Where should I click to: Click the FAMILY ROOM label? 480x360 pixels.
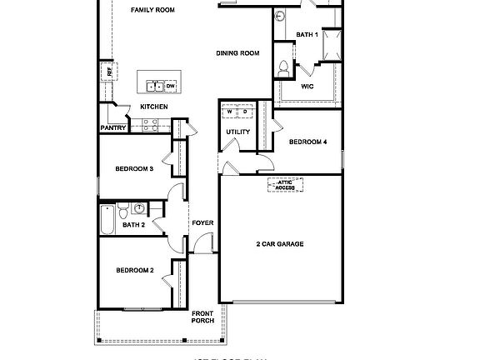152,10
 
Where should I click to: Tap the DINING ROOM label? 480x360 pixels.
237,53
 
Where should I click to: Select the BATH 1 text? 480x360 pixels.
307,34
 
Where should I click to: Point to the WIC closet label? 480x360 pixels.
307,85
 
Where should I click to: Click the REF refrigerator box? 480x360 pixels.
108,72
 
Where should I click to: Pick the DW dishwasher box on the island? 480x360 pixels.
170,86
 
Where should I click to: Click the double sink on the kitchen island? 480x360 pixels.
155,86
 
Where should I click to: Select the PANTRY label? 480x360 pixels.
112,127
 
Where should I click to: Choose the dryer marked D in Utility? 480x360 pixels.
246,111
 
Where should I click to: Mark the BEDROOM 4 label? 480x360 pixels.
307,142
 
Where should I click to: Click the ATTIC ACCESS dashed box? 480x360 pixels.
285,185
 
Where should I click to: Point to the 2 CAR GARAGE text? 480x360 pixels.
279,244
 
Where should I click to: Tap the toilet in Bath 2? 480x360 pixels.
122,209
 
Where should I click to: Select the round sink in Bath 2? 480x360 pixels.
139,208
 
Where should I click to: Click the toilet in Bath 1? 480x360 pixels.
284,67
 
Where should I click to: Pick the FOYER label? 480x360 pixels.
202,223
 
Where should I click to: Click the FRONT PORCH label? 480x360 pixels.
202,317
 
